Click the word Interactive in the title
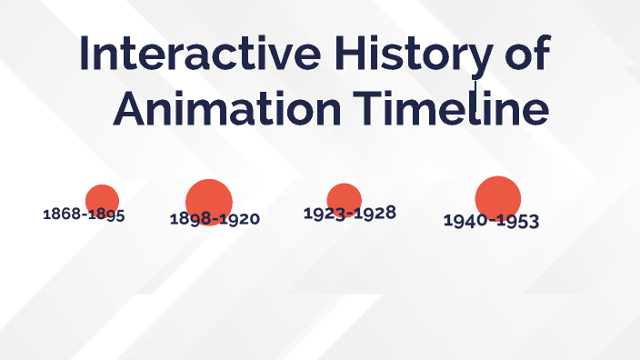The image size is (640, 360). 199,55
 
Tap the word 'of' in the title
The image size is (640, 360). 525,55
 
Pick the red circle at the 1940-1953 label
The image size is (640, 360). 497,197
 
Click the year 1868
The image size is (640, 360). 61,215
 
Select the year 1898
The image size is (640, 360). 190,219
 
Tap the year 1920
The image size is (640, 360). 239,219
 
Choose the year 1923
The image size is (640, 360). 322,214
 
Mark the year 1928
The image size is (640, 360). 375,213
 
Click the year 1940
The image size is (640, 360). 463,221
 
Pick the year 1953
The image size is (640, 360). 516,221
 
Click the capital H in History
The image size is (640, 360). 346,55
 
